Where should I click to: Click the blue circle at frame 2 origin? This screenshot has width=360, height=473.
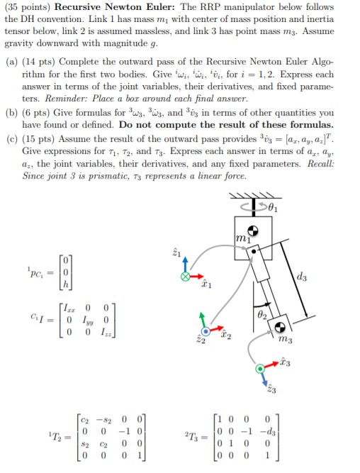tap(206, 330)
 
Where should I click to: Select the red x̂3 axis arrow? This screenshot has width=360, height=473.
tap(275, 369)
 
